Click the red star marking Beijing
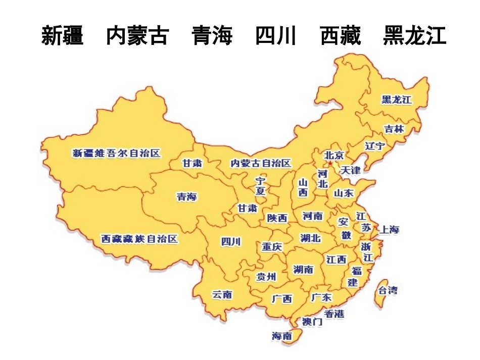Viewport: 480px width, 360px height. point(330,164)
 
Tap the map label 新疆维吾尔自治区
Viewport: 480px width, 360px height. point(116,153)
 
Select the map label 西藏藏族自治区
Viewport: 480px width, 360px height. point(139,239)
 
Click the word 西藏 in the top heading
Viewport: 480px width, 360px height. point(341,36)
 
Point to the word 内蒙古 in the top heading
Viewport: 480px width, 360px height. point(137,36)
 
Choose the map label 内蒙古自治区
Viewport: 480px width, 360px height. point(260,163)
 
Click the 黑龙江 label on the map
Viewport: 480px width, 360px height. point(397,99)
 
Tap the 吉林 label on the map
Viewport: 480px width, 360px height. point(394,129)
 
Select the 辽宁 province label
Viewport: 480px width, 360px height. point(374,146)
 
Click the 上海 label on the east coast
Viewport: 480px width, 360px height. point(389,229)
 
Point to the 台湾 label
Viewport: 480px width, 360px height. point(388,290)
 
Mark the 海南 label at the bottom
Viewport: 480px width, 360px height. point(281,336)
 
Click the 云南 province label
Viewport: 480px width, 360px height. point(222,294)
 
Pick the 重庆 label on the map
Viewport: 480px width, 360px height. point(272,247)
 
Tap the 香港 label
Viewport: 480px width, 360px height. point(334,314)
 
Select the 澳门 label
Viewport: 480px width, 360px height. point(312,321)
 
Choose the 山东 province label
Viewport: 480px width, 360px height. point(344,193)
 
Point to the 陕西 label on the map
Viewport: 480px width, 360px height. point(277,218)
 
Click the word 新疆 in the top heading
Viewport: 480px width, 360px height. point(62,36)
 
